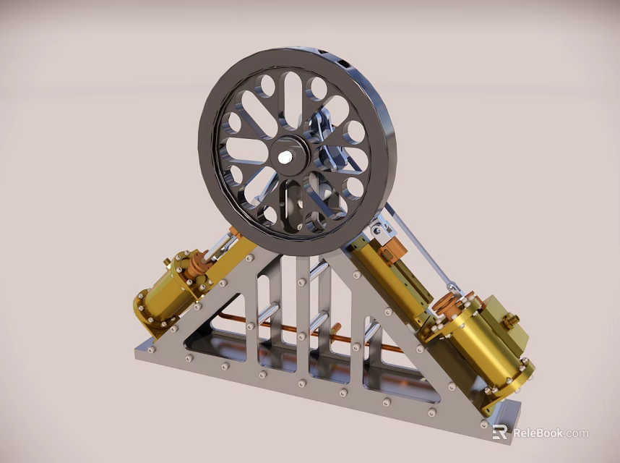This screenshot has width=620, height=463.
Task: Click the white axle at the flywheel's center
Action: click(285, 156)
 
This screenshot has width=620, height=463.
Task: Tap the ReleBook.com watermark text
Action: click(551, 433)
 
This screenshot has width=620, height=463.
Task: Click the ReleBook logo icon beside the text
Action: click(499, 433)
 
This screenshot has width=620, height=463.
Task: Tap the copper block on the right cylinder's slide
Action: click(393, 251)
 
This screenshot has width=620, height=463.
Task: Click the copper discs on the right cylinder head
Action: click(452, 304)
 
